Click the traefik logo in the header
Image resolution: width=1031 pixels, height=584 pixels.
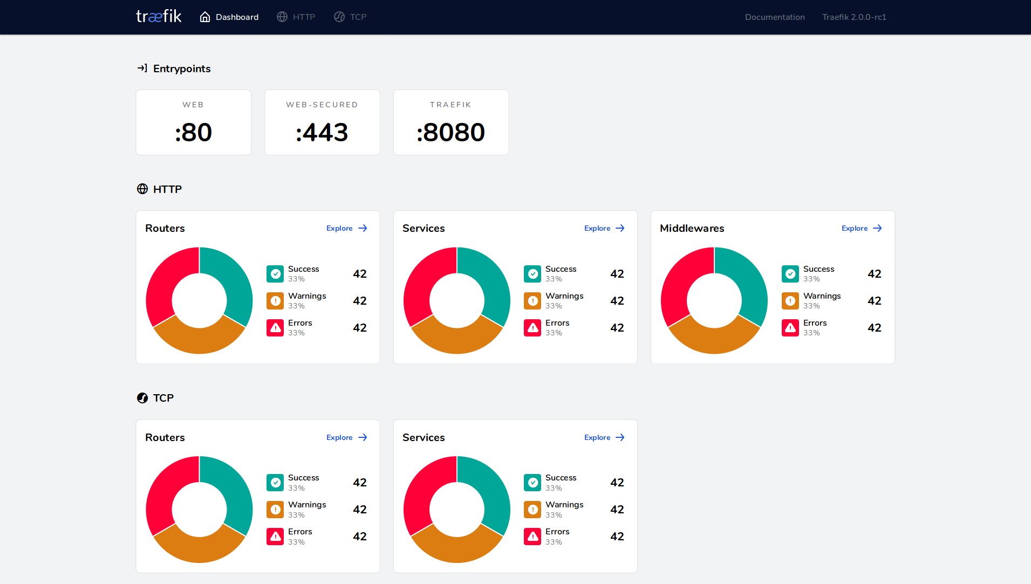(159, 17)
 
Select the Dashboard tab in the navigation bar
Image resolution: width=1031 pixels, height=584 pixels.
(229, 17)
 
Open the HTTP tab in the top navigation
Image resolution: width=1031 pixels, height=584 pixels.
(296, 17)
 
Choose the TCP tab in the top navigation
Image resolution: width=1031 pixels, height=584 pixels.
(350, 17)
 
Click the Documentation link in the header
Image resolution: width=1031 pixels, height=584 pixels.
(775, 17)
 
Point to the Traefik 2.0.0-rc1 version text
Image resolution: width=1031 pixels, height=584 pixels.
(854, 17)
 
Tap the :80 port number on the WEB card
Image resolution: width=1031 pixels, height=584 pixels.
(193, 132)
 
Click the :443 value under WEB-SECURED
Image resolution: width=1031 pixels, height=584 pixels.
(322, 132)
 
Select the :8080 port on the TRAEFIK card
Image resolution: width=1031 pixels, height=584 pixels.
(450, 132)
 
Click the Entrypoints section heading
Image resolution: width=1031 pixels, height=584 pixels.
(181, 68)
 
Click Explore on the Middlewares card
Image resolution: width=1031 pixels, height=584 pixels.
(862, 228)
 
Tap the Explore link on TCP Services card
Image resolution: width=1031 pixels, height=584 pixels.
(604, 437)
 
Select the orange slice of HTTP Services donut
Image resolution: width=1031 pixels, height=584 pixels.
(456, 340)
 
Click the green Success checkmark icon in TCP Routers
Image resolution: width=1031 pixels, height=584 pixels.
(275, 483)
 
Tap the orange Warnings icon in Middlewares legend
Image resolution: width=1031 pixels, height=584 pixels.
(790, 301)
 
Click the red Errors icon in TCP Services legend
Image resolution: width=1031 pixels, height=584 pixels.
(532, 537)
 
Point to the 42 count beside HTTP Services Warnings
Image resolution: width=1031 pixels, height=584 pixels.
(617, 301)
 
